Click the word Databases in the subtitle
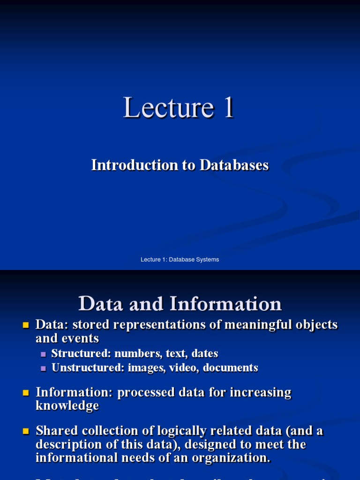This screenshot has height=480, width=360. [x=234, y=165]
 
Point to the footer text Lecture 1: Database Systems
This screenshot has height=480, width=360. [x=180, y=259]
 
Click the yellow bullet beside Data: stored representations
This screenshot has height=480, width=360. [x=26, y=325]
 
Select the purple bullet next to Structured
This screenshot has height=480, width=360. [x=44, y=354]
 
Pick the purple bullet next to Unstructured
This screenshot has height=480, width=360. [x=44, y=368]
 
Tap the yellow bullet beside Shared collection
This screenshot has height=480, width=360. [x=26, y=431]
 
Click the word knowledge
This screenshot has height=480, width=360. [x=67, y=406]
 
